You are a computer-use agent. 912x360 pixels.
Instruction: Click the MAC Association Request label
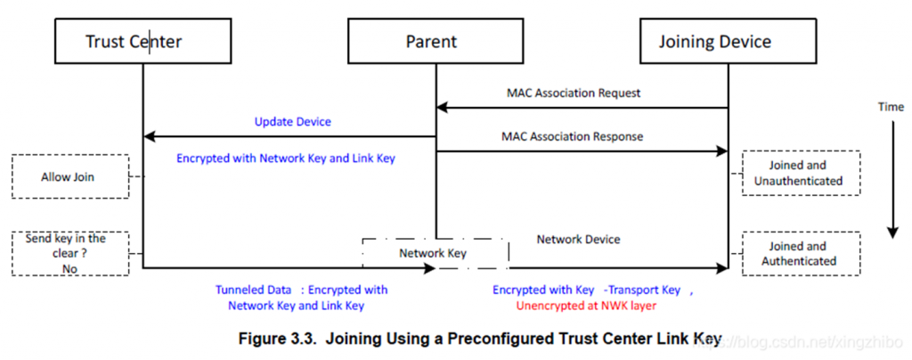[x=574, y=93]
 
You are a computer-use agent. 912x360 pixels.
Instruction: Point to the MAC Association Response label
[x=573, y=136]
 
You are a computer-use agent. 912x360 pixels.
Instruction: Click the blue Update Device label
[x=292, y=122]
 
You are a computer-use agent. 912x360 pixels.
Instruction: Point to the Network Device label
[x=578, y=240]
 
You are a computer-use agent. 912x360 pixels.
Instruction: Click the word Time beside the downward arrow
[x=892, y=107]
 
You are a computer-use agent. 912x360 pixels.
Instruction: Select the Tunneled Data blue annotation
[x=302, y=298]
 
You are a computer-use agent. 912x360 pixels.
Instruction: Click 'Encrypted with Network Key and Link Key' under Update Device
[x=286, y=159]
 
